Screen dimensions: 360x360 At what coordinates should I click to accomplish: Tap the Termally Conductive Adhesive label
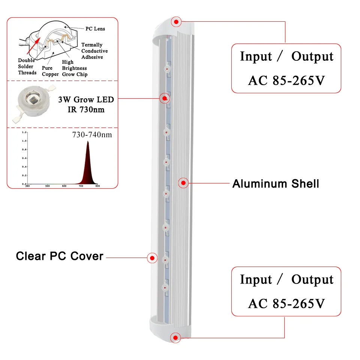tap(94, 51)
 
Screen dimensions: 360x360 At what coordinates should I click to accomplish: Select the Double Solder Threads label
tap(27, 66)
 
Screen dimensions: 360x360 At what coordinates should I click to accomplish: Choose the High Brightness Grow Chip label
tap(74, 68)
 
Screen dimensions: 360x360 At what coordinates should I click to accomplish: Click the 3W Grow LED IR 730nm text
tap(86, 104)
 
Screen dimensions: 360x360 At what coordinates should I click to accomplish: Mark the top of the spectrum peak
tap(88, 141)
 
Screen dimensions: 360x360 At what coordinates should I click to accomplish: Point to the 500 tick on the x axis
tap(48, 186)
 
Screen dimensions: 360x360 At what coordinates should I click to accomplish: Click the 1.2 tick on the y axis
tap(24, 132)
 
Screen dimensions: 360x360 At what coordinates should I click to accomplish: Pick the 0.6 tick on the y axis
tap(24, 158)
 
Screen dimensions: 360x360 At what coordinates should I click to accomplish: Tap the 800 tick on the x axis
tap(97, 186)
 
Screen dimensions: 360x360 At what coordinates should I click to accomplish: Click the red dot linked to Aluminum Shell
tap(183, 183)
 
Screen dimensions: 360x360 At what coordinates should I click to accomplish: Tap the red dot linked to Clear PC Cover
tap(152, 258)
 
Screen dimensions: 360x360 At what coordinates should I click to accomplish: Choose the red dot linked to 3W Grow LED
tap(164, 98)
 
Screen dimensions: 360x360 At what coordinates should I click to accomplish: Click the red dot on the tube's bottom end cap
tap(175, 337)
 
